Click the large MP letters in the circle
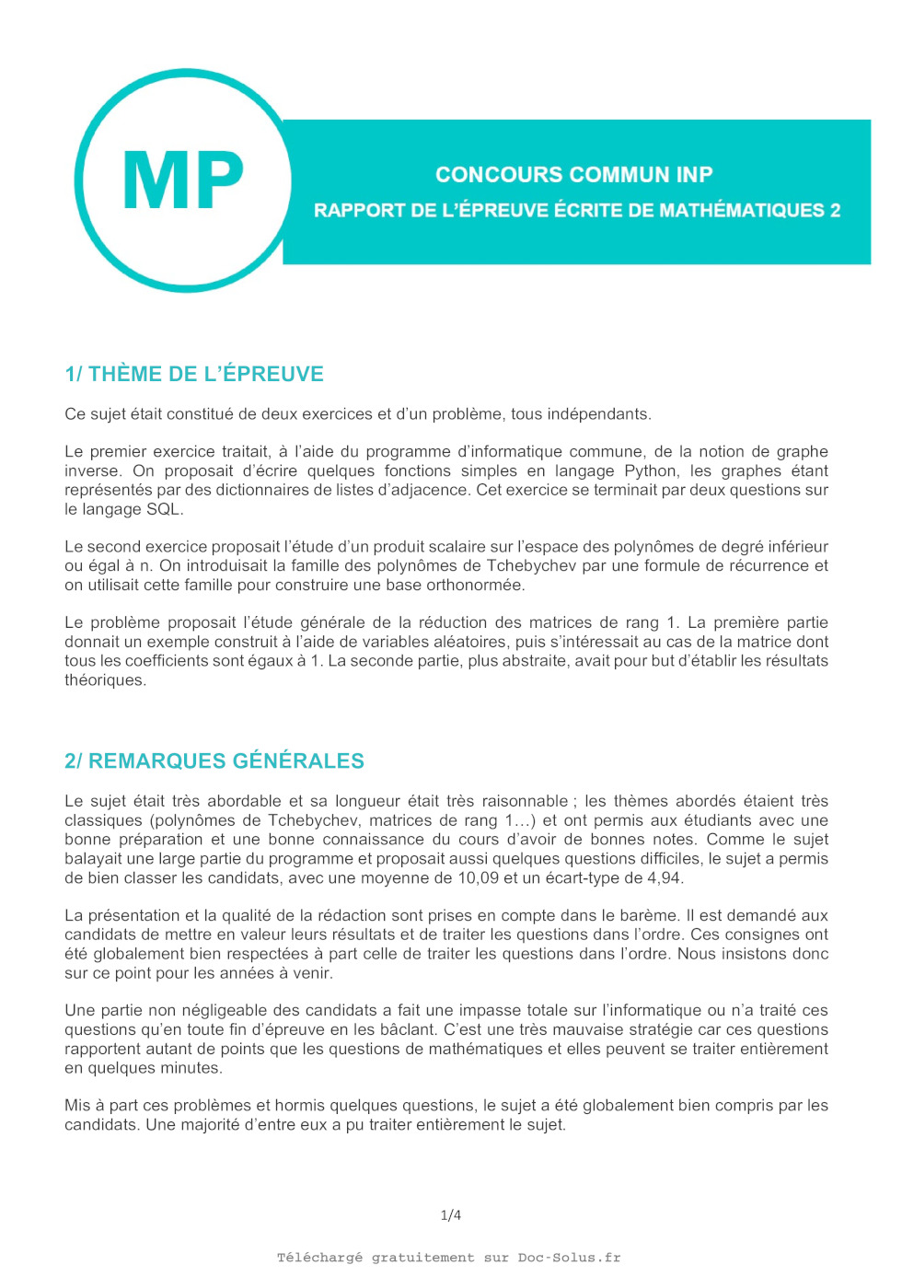pos(183,181)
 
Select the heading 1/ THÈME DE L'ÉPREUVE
pos(194,375)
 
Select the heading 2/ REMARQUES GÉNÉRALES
pos(214,761)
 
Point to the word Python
pos(651,470)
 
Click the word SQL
pos(163,509)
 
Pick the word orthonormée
pos(475,585)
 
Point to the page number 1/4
pos(451,1215)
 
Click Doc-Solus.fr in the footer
pos(569,1258)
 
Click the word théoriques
pos(104,680)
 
